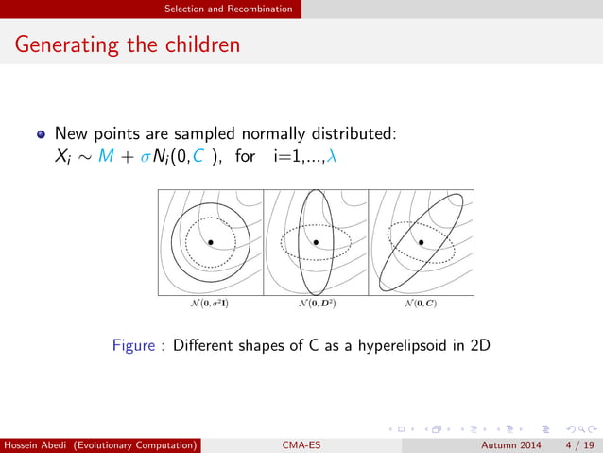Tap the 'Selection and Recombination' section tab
coord(228,9)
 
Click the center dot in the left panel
coord(210,242)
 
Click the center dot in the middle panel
coord(316,242)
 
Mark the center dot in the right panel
coord(422,242)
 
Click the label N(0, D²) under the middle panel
coord(316,305)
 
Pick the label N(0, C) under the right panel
coord(421,305)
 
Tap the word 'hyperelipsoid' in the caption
coord(388,346)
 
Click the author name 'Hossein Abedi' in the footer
coord(40,444)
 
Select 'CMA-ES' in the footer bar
coord(301,444)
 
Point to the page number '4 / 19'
coord(579,444)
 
